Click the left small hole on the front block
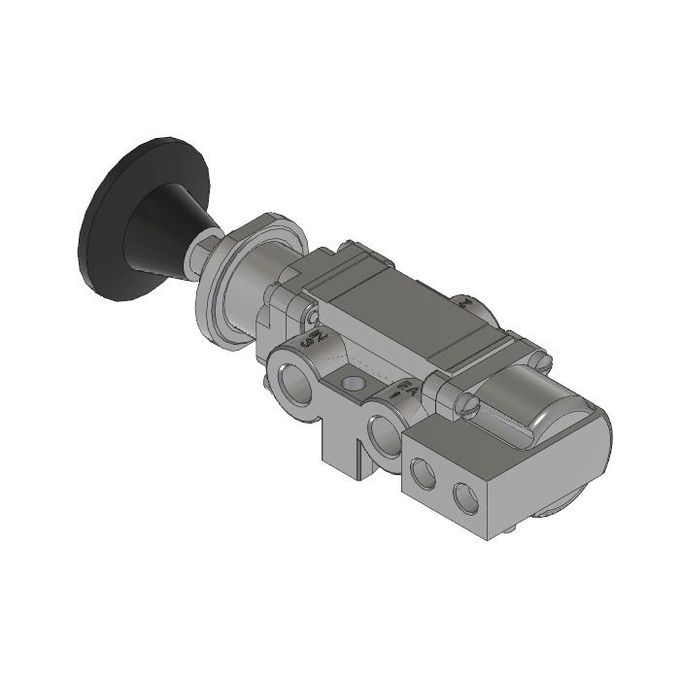pos(424,473)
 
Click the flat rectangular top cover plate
pos(408,311)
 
